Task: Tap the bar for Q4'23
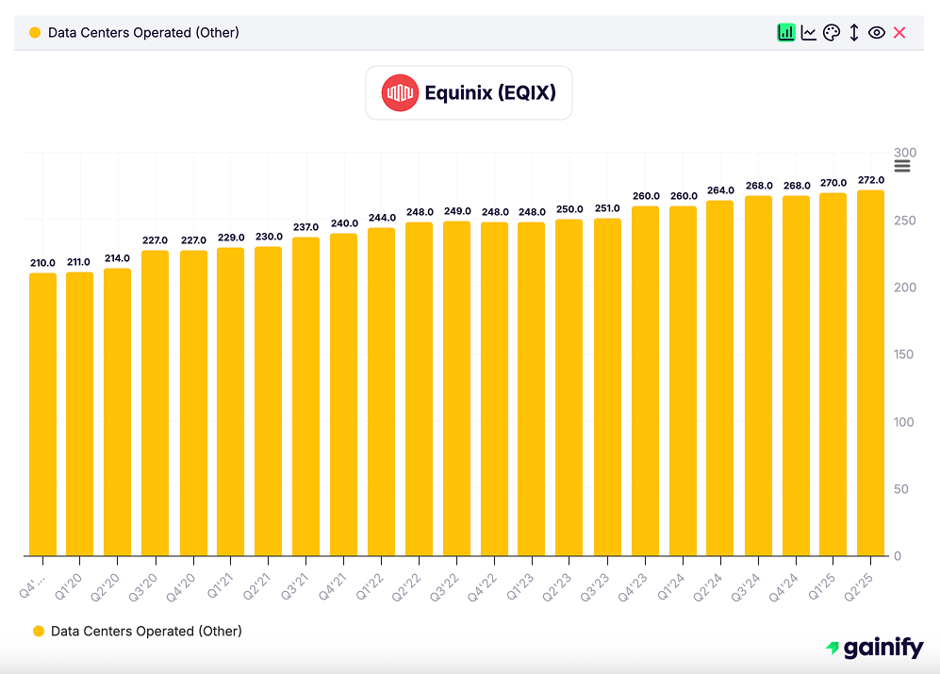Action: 645,381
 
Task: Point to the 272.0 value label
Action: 870,180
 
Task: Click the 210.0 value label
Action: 42,263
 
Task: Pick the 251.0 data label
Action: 607,208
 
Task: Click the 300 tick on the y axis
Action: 904,153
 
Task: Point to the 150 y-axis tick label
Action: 904,354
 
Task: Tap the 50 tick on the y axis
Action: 901,489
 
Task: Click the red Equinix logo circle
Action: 400,92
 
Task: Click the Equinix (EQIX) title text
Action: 489,93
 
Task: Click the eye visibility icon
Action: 876,33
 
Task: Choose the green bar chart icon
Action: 785,33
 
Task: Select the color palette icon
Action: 831,33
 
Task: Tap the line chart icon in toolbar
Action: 808,33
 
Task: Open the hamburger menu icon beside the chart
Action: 902,167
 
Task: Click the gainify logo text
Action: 882,648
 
